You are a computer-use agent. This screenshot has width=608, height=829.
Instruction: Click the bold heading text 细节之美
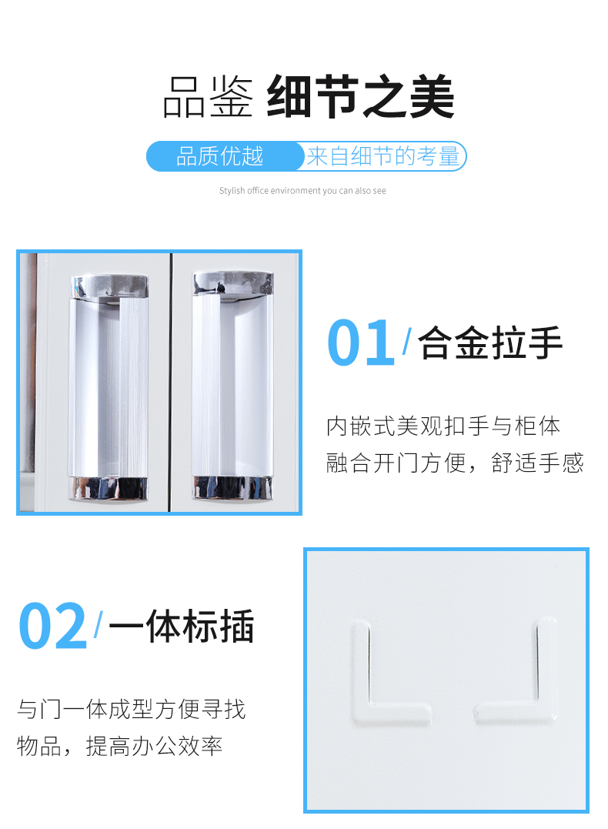(360, 97)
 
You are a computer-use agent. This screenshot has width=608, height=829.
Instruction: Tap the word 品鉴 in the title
(208, 98)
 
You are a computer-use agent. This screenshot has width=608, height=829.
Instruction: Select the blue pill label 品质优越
(220, 156)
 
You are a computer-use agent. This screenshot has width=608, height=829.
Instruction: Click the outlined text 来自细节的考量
(383, 156)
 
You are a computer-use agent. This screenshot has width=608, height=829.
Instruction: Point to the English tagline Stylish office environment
(302, 191)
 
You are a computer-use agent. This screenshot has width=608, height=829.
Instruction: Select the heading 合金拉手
(491, 343)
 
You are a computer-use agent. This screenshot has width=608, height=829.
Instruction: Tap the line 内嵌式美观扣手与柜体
(443, 426)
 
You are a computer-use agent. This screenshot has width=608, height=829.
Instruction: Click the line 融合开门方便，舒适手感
(455, 463)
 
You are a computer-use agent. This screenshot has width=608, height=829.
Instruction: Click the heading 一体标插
(181, 627)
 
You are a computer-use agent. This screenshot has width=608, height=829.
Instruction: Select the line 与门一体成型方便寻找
(132, 708)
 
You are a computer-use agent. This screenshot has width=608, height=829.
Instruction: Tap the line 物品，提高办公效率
(120, 745)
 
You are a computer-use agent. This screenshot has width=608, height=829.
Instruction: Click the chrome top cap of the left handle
(109, 285)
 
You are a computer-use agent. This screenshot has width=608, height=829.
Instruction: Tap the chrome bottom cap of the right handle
(232, 487)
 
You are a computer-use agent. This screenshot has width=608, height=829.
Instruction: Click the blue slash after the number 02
(98, 625)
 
